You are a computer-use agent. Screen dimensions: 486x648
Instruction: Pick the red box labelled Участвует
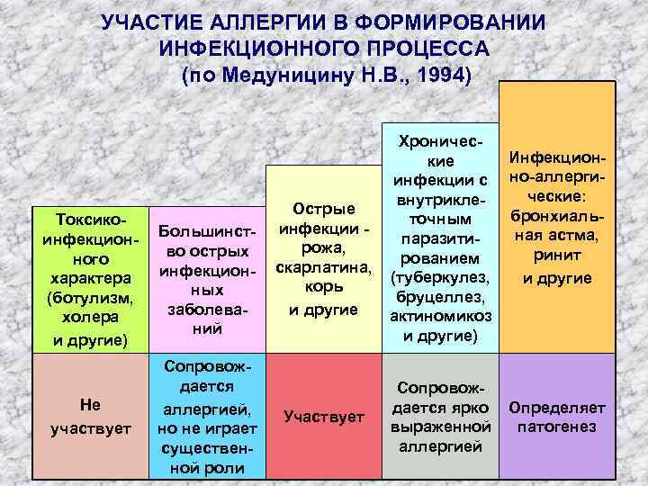tap(323, 415)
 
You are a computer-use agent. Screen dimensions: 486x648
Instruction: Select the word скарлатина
tap(323, 269)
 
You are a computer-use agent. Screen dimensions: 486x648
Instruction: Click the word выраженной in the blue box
tap(439, 426)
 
